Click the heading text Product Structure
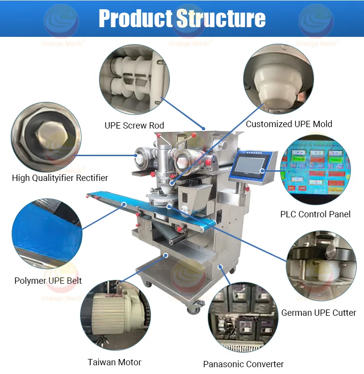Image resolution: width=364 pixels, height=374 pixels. (182, 18)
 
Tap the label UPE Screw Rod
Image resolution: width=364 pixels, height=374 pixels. (134, 126)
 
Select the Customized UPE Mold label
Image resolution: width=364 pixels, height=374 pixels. (289, 124)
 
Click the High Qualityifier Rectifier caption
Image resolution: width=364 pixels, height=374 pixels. (60, 178)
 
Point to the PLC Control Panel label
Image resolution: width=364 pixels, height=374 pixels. (315, 214)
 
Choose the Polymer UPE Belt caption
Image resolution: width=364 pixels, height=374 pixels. (48, 280)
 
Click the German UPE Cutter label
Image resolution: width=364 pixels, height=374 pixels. (318, 313)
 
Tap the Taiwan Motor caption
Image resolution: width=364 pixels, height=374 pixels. (115, 362)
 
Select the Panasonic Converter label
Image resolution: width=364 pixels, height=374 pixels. (243, 364)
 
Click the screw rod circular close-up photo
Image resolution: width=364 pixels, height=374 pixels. (134, 80)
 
